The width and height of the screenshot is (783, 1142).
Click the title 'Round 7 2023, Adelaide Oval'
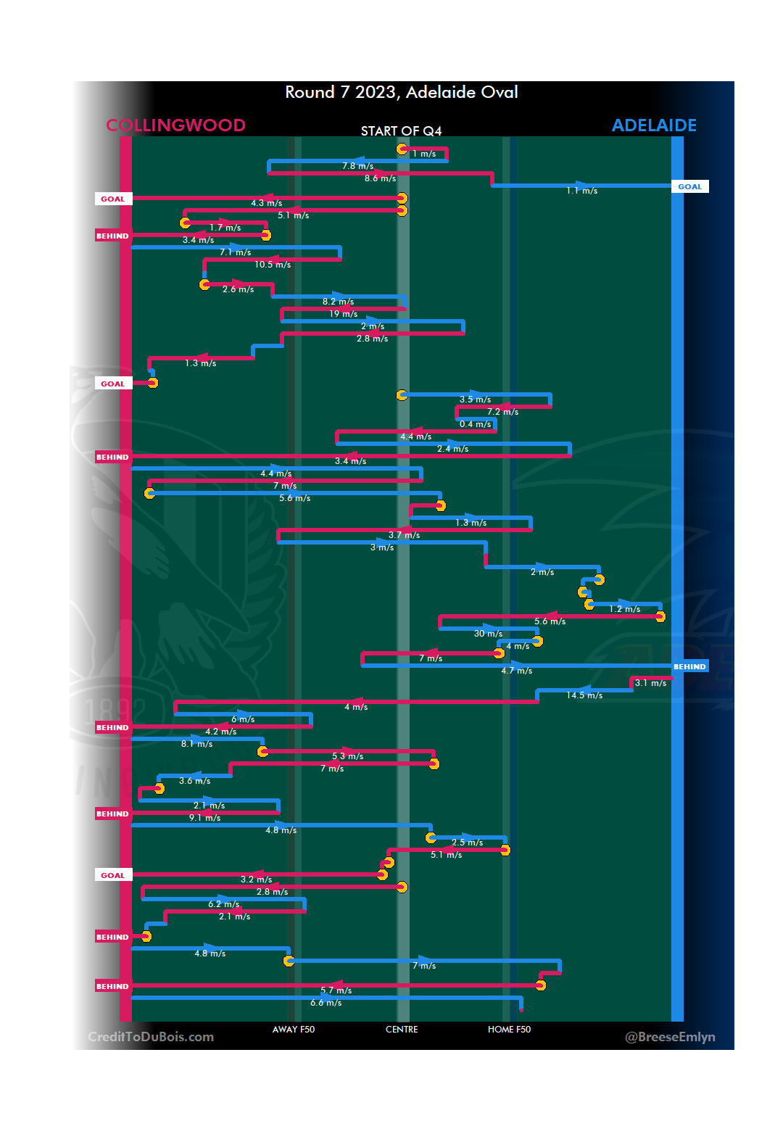coord(401,92)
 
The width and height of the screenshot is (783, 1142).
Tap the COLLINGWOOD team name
coord(175,125)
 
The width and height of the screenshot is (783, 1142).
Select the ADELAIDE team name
coord(654,125)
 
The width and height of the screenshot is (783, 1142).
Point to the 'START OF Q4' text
coord(401,131)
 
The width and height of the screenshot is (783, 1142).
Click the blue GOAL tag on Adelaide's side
coord(689,186)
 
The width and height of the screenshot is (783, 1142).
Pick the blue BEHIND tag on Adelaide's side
coord(689,666)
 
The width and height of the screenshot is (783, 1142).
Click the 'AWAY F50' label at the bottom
coord(294,1029)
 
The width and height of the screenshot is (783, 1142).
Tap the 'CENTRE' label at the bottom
coord(402,1029)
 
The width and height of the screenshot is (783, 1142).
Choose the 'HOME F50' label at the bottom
coord(509,1029)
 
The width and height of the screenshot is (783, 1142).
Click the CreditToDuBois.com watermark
coord(151,1037)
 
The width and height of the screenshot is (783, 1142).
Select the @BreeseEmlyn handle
coord(670,1037)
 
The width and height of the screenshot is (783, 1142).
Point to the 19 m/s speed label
coord(344,314)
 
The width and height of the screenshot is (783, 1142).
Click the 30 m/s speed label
coord(488,634)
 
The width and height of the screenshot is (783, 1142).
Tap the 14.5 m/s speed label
coord(584,695)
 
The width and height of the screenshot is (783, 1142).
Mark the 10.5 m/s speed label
coord(273,265)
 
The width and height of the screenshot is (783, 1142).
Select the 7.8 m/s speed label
coord(358,166)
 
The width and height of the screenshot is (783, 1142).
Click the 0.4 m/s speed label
coord(476,424)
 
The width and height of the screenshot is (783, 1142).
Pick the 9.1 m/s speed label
coord(205,818)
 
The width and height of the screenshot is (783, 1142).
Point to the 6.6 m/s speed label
coord(326,1003)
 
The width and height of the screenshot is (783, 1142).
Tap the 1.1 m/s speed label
coord(582,191)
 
